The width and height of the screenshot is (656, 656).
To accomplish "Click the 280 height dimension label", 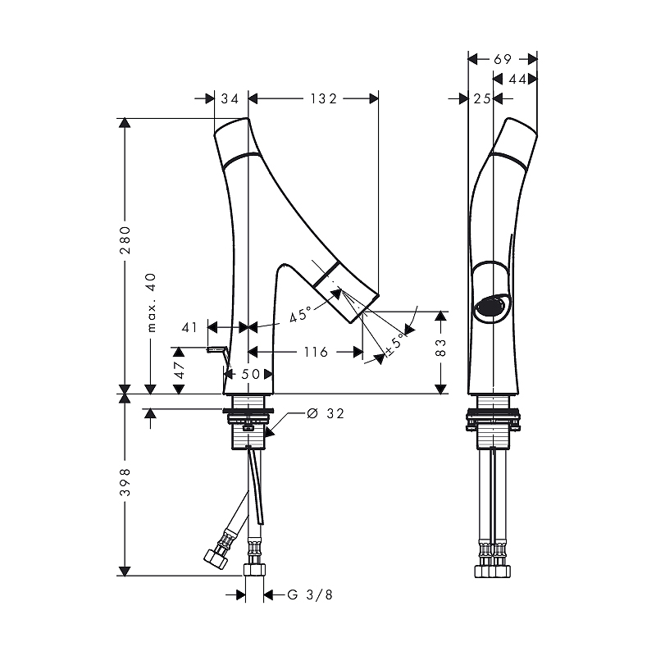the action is tap(125, 240).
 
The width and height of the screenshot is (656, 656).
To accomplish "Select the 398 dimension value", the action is tap(125, 482).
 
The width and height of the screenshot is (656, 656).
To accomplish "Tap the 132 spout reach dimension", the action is tap(323, 98).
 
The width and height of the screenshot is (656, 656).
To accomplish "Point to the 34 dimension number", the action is tap(230, 98).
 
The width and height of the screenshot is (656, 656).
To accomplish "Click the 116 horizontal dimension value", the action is tap(316, 353).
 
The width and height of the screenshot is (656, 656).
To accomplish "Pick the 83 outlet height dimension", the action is tap(440, 348).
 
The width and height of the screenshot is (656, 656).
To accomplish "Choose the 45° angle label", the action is tap(301, 313).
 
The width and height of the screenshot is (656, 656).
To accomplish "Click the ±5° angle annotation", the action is tap(395, 344).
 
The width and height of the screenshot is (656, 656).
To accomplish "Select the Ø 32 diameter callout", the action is tap(326, 413).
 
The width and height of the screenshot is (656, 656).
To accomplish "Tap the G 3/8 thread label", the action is tap(310, 594).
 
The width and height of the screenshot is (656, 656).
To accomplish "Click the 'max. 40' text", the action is tap(152, 303).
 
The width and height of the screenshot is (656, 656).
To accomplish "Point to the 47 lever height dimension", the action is tap(179, 370).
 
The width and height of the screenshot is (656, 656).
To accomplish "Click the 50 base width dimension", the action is tap(251, 374).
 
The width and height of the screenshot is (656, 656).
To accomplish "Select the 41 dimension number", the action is tap(189, 327).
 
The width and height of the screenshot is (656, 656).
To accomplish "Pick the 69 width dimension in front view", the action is tap(503, 59).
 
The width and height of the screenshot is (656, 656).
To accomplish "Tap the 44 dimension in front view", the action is tap(517, 79).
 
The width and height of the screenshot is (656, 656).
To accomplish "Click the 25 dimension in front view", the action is tap(482, 98).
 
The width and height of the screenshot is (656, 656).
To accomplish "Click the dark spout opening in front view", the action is tap(490, 307).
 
